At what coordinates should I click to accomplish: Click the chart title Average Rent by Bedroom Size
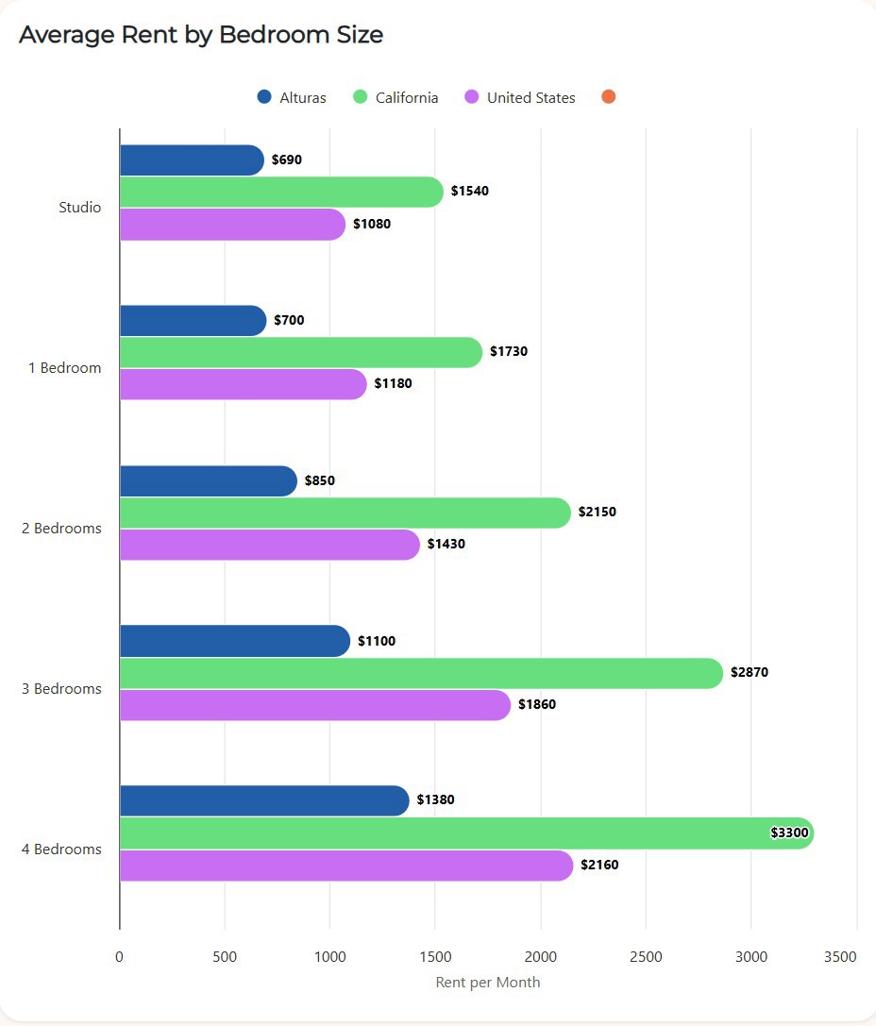(201, 35)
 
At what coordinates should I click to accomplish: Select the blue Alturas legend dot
(264, 97)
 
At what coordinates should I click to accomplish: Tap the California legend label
(406, 98)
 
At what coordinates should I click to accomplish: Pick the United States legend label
(531, 98)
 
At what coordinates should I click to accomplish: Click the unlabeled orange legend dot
(608, 97)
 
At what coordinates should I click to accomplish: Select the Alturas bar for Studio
(192, 160)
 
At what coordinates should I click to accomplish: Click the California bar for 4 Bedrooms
(466, 833)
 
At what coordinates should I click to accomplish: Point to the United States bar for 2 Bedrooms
(269, 545)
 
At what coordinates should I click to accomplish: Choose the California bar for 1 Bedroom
(300, 352)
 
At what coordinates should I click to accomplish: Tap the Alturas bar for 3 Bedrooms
(234, 642)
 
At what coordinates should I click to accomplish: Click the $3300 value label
(789, 833)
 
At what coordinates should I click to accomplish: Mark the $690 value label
(287, 160)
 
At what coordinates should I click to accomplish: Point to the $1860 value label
(537, 705)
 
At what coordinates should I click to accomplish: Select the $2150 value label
(598, 513)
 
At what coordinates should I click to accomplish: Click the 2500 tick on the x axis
(646, 957)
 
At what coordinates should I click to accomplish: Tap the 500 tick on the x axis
(225, 957)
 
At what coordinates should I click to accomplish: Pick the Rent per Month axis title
(488, 983)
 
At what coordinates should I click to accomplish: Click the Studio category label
(79, 208)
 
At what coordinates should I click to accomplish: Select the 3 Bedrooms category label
(61, 689)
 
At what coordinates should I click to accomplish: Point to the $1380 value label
(435, 800)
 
